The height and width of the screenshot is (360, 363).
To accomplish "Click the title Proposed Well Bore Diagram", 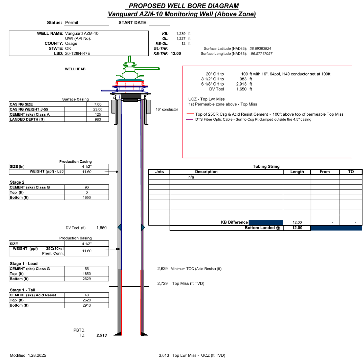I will point(183,6).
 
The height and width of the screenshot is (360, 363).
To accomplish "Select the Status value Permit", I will point(72,23).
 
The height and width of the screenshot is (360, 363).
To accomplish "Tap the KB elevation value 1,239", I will point(182,34).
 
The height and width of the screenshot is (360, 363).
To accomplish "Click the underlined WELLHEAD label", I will point(75,69).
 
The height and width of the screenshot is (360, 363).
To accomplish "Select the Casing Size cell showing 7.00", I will point(98,104).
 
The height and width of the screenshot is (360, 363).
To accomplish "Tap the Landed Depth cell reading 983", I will point(98,120).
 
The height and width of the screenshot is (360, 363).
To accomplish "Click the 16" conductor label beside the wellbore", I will point(167,109).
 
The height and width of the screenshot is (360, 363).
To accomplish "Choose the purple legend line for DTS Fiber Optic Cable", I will point(190,120).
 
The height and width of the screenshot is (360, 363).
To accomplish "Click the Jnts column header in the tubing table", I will point(159,172).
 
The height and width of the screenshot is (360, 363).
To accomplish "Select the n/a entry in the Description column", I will point(191,177).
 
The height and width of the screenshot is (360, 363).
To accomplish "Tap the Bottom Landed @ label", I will point(262,228).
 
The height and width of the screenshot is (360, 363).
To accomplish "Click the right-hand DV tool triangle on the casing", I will point(142,227).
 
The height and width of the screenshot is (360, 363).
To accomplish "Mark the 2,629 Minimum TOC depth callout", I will point(163,269).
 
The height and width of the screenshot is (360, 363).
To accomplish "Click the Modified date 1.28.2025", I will point(37,355).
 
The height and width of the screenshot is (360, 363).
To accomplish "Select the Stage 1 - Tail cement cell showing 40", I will point(87,295).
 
